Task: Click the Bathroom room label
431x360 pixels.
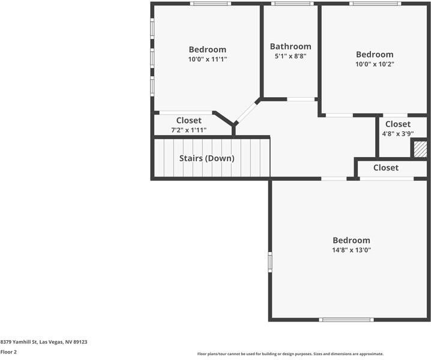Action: click(x=291, y=46)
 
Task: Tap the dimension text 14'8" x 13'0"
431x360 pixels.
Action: click(x=351, y=250)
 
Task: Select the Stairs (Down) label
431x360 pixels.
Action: click(x=206, y=158)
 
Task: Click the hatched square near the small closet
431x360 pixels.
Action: click(x=420, y=149)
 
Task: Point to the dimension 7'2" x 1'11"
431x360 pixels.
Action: click(x=188, y=130)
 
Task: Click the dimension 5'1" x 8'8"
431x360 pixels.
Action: click(x=291, y=56)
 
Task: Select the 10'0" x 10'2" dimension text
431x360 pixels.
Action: click(x=375, y=64)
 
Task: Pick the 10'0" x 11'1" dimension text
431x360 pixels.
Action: click(x=207, y=59)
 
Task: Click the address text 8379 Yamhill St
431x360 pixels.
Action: click(x=44, y=341)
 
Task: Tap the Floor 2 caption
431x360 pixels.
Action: click(x=8, y=352)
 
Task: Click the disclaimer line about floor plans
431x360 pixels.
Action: click(x=290, y=354)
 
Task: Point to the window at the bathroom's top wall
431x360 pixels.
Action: click(x=291, y=4)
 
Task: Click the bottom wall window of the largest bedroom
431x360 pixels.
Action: click(x=348, y=319)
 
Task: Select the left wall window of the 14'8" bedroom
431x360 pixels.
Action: click(x=270, y=262)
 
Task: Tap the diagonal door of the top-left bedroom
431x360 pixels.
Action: click(x=246, y=112)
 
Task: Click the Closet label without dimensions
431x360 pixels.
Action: click(x=385, y=167)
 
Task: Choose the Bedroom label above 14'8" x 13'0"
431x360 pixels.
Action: click(x=351, y=240)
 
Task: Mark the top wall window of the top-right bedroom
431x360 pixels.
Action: click(x=376, y=4)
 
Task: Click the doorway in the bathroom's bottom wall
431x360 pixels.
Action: click(x=301, y=99)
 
